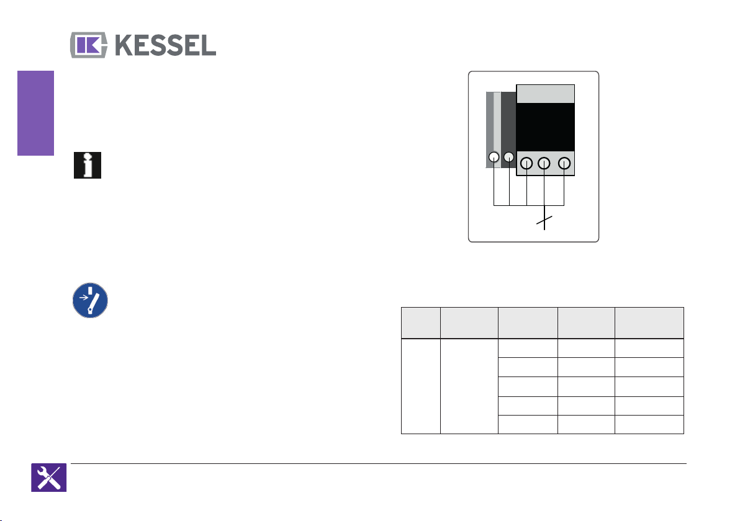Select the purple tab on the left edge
pyautogui.click(x=35, y=114)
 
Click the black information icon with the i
pyautogui.click(x=87, y=166)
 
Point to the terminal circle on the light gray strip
pyautogui.click(x=494, y=158)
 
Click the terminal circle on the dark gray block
pyautogui.click(x=509, y=158)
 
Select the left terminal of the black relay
pyautogui.click(x=526, y=164)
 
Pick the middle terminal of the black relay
pyautogui.click(x=544, y=164)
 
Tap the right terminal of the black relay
pyautogui.click(x=564, y=164)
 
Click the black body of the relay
pyautogui.click(x=546, y=127)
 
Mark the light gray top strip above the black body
pyautogui.click(x=546, y=94)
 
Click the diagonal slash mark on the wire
pyautogui.click(x=544, y=221)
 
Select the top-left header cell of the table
pyautogui.click(x=420, y=323)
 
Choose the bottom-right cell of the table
pyautogui.click(x=649, y=424)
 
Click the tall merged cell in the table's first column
pyautogui.click(x=420, y=385)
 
